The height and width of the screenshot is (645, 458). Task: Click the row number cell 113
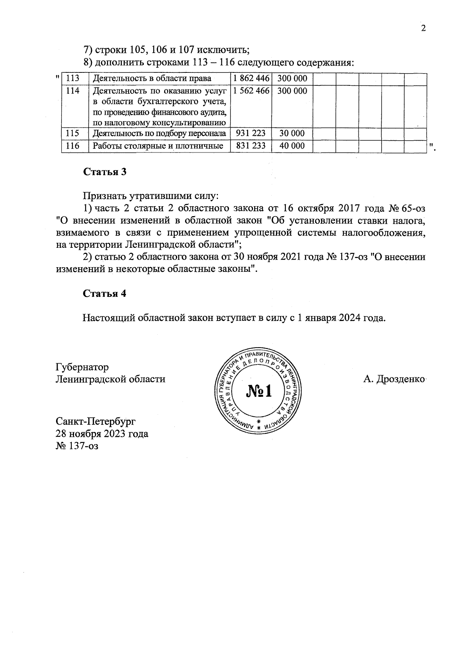(73, 79)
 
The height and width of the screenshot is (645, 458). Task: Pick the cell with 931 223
(251, 133)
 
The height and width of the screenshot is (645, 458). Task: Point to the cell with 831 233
(251, 146)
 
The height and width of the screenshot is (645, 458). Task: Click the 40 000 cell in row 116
(292, 146)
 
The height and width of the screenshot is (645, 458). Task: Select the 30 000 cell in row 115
(292, 133)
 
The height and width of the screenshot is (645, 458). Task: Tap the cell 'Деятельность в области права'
(152, 79)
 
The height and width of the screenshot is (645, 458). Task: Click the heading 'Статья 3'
(105, 172)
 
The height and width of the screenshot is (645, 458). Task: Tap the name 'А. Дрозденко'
(394, 379)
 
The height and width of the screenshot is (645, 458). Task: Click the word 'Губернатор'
(82, 367)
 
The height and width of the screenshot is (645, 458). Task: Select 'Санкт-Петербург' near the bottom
(95, 422)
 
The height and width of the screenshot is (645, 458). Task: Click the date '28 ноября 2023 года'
(102, 434)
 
